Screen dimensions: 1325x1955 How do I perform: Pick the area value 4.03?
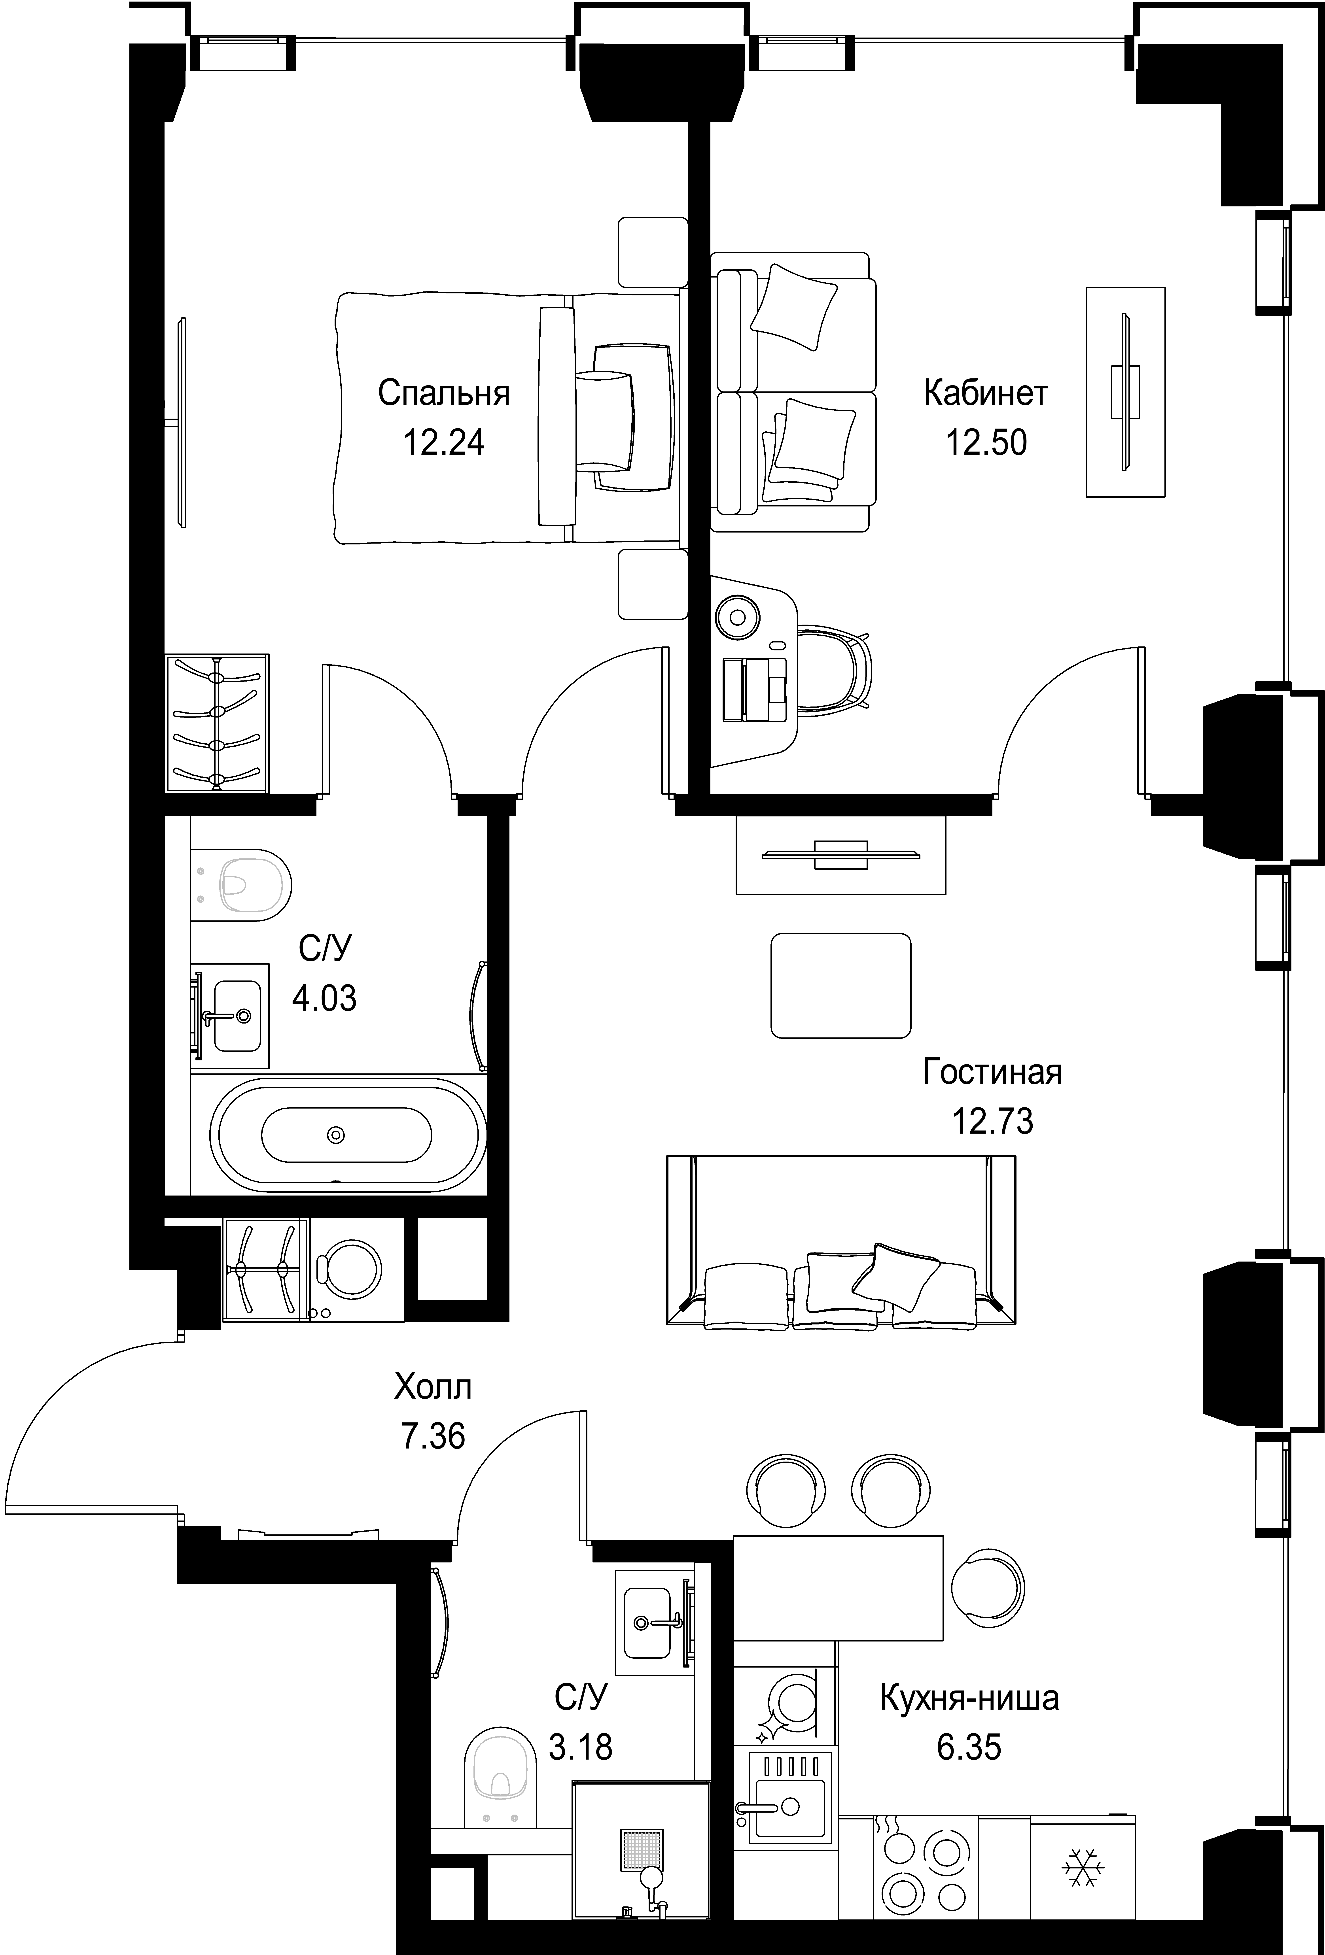(324, 999)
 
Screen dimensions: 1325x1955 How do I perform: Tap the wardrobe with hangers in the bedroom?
(217, 723)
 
